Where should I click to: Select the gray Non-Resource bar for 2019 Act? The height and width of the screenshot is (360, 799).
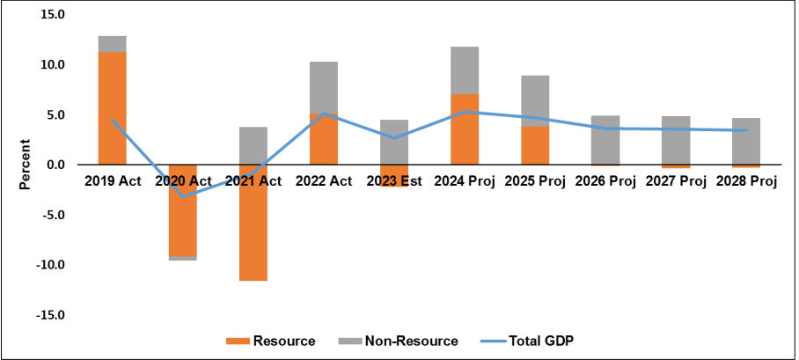click(x=112, y=44)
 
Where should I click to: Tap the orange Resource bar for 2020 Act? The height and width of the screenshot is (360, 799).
click(x=182, y=210)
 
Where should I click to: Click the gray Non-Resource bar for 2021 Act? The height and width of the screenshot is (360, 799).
click(x=253, y=145)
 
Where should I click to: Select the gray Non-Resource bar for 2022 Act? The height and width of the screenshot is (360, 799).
click(x=323, y=87)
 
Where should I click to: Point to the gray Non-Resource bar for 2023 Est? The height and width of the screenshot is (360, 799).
click(x=393, y=142)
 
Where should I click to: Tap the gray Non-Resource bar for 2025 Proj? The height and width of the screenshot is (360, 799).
click(x=534, y=100)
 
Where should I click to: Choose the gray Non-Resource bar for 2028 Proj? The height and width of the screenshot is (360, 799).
click(x=746, y=141)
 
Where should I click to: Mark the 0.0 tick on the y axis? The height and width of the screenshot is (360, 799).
click(x=55, y=165)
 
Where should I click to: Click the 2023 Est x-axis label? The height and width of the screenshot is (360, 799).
click(x=393, y=181)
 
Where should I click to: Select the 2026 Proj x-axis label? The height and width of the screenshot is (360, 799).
click(x=605, y=181)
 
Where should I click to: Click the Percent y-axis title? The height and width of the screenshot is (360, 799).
click(x=25, y=165)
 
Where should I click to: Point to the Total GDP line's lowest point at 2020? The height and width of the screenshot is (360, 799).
click(x=182, y=195)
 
